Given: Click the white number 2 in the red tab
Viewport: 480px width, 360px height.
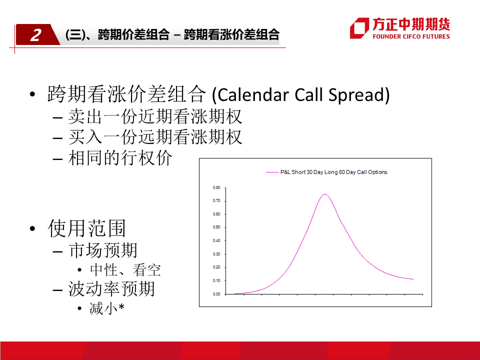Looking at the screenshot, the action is tap(36, 35).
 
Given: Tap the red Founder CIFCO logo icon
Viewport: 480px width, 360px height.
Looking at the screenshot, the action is tap(359, 28).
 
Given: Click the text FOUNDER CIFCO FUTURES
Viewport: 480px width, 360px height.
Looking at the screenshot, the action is tap(411, 36).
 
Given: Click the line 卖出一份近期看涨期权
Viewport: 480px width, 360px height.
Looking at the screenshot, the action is tap(155, 116).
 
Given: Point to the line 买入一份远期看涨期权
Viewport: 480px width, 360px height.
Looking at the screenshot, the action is tap(155, 137).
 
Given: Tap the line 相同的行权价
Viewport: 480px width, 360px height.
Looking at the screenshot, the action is tap(120, 157).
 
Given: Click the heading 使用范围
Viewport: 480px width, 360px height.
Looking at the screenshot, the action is tap(86, 228).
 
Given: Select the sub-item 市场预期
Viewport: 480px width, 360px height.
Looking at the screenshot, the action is tap(103, 250).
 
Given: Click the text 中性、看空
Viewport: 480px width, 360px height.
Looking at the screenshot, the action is tap(125, 270).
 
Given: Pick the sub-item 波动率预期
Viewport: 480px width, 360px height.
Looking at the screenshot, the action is tap(111, 288).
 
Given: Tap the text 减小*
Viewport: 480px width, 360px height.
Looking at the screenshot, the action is tap(107, 308).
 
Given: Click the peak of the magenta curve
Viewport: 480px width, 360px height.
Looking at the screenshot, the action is tap(324, 194).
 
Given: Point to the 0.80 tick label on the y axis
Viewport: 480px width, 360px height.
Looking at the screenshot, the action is tap(216, 187).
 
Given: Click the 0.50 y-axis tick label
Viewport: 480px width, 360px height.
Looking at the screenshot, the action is tap(216, 227).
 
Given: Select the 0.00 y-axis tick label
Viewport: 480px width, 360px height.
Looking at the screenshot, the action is tap(216, 294).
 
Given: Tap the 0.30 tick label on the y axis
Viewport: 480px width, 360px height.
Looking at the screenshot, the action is tap(216, 254).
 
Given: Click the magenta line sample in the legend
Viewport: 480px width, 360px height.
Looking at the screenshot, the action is tap(272, 172).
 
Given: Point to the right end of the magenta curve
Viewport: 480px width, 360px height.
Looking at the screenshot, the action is tap(413, 279).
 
